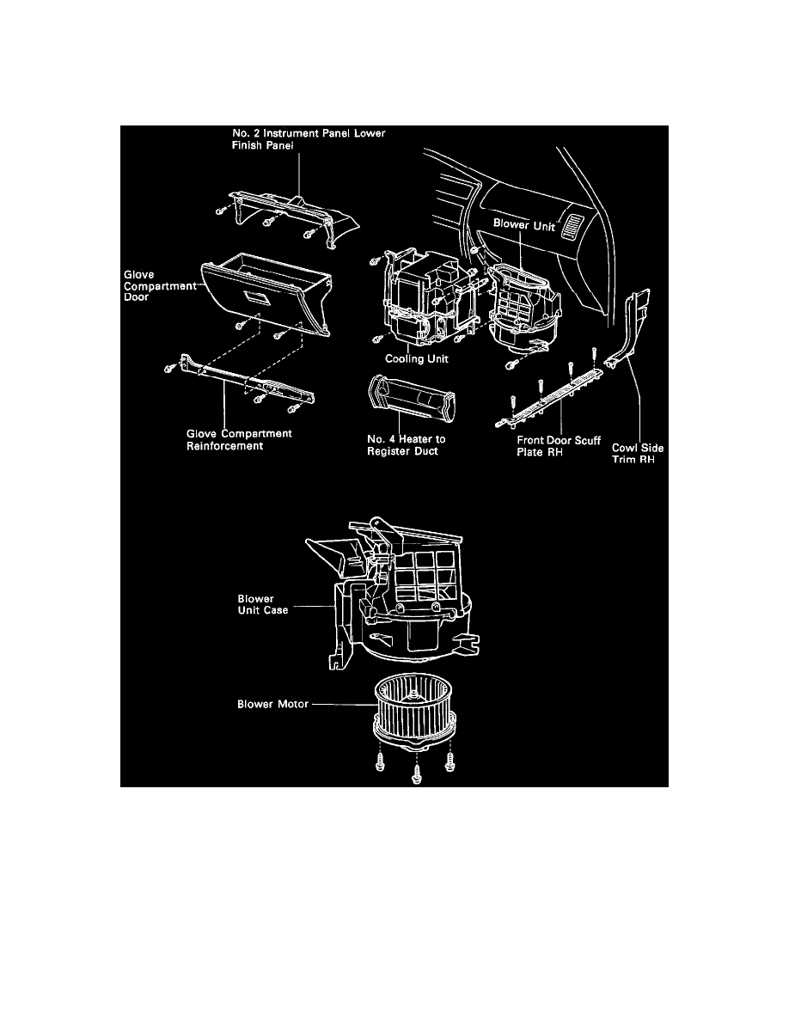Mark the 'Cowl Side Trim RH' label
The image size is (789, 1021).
637,453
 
